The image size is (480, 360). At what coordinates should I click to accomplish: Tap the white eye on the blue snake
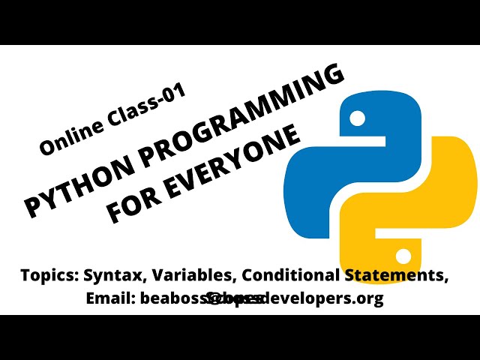click(x=357, y=118)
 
